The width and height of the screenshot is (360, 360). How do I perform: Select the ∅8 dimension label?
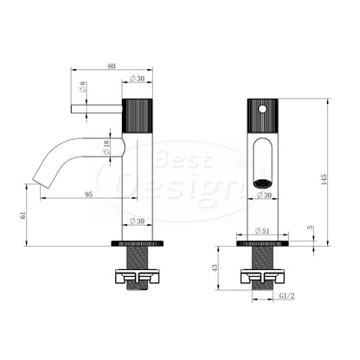[83, 88]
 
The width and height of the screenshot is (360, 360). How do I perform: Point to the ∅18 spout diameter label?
[106, 148]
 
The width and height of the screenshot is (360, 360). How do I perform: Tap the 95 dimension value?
[88, 195]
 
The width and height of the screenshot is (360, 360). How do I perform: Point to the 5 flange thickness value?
[312, 229]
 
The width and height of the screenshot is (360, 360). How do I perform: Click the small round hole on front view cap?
[260, 110]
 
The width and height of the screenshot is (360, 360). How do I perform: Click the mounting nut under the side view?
[138, 279]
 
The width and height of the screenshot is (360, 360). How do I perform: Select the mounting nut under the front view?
[260, 279]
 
